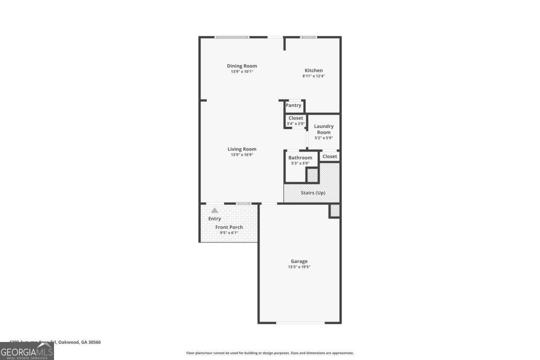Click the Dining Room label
pyautogui.click(x=242, y=66)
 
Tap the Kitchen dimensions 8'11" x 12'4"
pyautogui.click(x=314, y=76)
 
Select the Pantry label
pyautogui.click(x=293, y=105)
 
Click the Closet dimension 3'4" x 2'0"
pyautogui.click(x=296, y=123)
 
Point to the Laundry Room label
pyautogui.click(x=324, y=129)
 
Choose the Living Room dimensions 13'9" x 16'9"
pyautogui.click(x=242, y=155)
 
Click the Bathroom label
pyautogui.click(x=300, y=157)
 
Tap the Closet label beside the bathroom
pyautogui.click(x=329, y=157)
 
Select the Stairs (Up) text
pyautogui.click(x=313, y=193)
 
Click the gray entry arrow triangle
pyautogui.click(x=215, y=210)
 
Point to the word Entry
pyautogui.click(x=215, y=219)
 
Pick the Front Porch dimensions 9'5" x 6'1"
pyautogui.click(x=229, y=233)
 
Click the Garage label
pyautogui.click(x=299, y=261)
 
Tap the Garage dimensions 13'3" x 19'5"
pyautogui.click(x=299, y=267)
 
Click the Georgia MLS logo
pyautogui.click(x=27, y=351)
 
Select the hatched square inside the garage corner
pyautogui.click(x=335, y=211)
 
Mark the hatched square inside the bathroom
pyautogui.click(x=312, y=175)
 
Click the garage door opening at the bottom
pyautogui.click(x=300, y=323)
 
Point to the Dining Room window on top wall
pyautogui.click(x=232, y=37)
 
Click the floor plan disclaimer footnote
pyautogui.click(x=270, y=353)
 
